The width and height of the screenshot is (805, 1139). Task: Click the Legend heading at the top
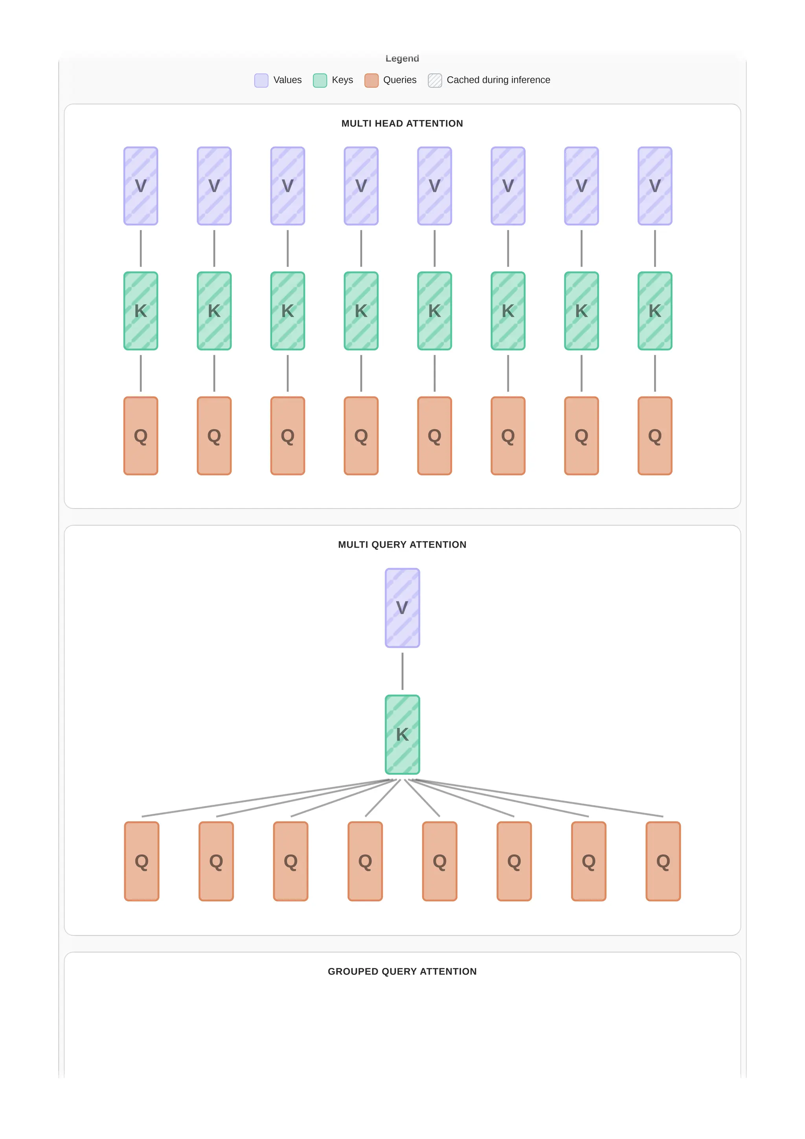[402, 59]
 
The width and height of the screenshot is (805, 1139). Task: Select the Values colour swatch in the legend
[261, 80]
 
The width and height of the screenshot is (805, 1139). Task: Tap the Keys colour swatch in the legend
[320, 80]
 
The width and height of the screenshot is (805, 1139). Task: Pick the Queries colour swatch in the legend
[371, 80]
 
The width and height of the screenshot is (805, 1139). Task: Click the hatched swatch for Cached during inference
[435, 80]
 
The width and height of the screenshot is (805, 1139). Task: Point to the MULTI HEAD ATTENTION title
[402, 123]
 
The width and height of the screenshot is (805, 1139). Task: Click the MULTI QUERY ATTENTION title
[402, 545]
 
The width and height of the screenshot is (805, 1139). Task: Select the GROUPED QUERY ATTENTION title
[402, 972]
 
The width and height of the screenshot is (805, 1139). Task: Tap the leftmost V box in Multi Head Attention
[141, 186]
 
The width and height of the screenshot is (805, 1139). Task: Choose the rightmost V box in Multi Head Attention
[655, 186]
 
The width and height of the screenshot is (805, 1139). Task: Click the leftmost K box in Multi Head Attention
[141, 311]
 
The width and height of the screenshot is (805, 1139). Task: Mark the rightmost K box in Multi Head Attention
[655, 311]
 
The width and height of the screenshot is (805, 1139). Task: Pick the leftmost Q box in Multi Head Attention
[141, 436]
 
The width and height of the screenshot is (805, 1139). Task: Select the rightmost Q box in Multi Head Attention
[655, 436]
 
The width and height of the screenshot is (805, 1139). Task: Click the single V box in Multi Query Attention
[402, 608]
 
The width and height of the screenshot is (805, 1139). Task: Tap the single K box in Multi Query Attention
[402, 734]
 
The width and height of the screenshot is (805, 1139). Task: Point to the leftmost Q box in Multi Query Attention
[142, 861]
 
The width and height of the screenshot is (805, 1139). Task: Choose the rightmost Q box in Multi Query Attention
[663, 861]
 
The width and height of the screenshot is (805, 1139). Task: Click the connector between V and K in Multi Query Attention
[402, 671]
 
